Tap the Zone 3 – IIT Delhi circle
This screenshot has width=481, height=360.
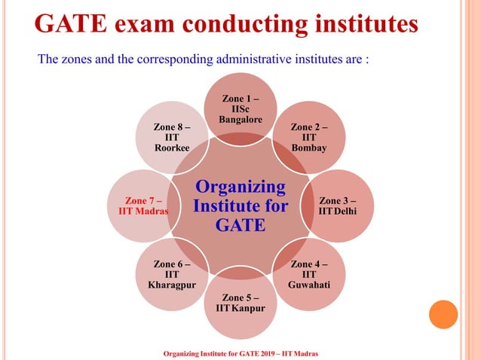coord(337,205)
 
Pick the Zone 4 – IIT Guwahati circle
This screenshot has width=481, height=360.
coord(308,275)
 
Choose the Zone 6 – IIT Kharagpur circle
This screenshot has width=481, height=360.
coord(171,275)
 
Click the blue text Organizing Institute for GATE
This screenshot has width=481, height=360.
coord(240,205)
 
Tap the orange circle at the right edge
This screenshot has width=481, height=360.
coord(443,314)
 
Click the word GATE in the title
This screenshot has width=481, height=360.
coord(73,23)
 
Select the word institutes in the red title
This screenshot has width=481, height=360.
coord(362,23)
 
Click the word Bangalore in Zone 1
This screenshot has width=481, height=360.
coord(240,120)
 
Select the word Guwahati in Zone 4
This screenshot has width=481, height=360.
coord(308,285)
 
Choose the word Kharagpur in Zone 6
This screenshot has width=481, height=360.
coord(171,285)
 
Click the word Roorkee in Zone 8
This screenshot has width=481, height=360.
coord(171,148)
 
